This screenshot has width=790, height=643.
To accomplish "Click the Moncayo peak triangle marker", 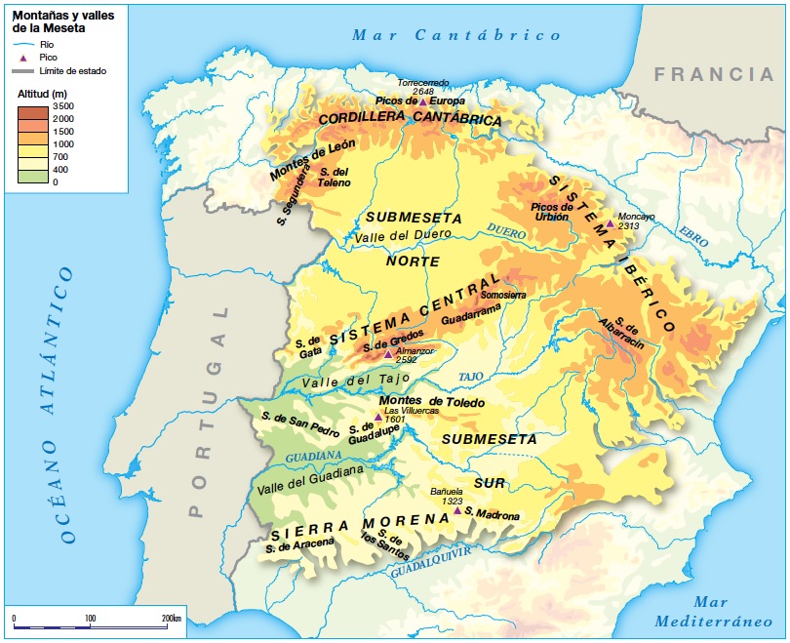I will pos(610,223).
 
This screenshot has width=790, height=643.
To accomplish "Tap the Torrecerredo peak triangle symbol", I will pos(422,100).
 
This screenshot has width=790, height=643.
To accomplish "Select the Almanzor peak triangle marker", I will pos(388,354).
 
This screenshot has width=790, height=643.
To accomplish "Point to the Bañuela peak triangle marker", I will pos(456,509).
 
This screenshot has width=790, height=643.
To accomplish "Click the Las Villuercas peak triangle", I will pos(378,416).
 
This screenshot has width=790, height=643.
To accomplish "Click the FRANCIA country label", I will pos(713,74).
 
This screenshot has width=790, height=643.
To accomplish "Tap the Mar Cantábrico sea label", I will pos(457,35).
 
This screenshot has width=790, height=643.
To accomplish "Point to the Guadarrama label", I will pos(470,306).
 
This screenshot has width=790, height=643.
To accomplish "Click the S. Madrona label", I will pos(493,512).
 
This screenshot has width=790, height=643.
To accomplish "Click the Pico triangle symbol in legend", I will pos(24,58).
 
